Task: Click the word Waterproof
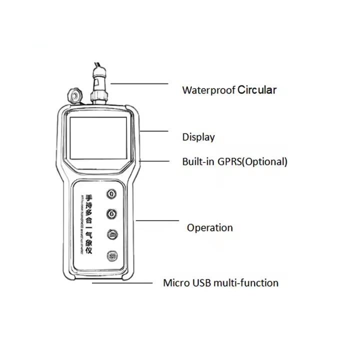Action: (x=208, y=90)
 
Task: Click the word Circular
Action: (x=256, y=90)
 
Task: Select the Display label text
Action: (x=198, y=137)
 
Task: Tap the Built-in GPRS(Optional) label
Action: (x=234, y=161)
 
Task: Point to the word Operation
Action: (x=209, y=227)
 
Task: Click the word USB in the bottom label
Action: (x=202, y=282)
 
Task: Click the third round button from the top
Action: (x=111, y=234)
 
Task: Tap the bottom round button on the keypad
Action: (x=111, y=255)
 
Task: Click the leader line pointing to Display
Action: (x=155, y=131)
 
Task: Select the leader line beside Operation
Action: (x=157, y=220)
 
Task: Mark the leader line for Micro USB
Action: (x=122, y=283)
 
